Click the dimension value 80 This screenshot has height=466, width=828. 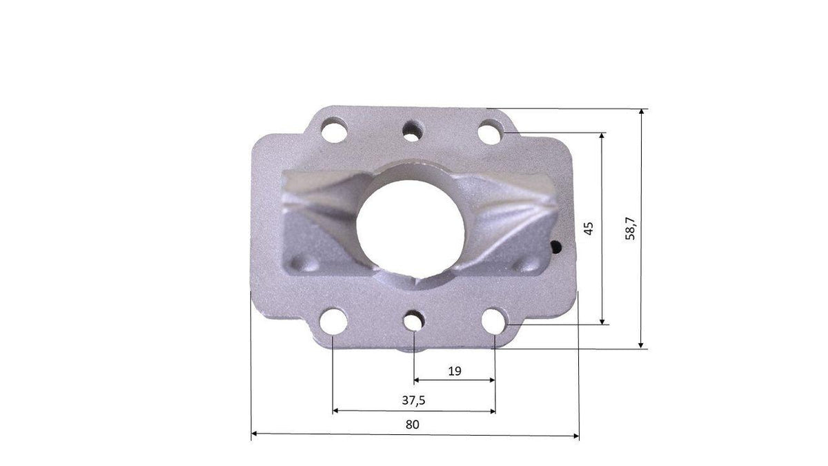click(x=413, y=424)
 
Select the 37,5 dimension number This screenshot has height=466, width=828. click(x=413, y=400)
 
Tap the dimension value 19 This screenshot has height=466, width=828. click(x=455, y=371)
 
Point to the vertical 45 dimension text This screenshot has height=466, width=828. click(x=589, y=229)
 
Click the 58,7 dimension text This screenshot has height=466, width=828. click(x=630, y=229)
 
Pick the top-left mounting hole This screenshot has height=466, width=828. click(x=334, y=130)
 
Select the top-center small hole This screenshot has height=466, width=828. click(x=413, y=131)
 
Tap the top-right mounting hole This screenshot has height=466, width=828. click(x=490, y=132)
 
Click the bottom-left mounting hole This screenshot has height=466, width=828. click(x=333, y=321)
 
